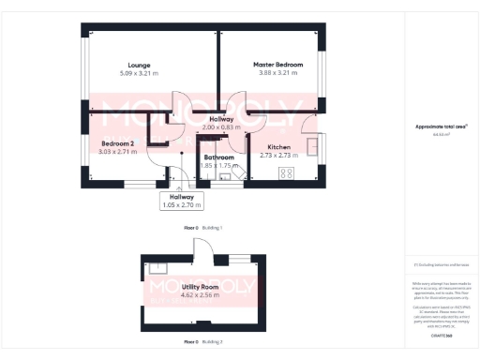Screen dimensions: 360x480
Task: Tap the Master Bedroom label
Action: (x=276, y=65)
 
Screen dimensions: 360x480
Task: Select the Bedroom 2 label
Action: (x=118, y=142)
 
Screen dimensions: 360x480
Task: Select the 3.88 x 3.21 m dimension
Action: (x=276, y=73)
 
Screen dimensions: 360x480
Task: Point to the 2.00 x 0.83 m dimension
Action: (x=221, y=127)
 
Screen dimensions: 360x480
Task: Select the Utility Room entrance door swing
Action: (x=201, y=247)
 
